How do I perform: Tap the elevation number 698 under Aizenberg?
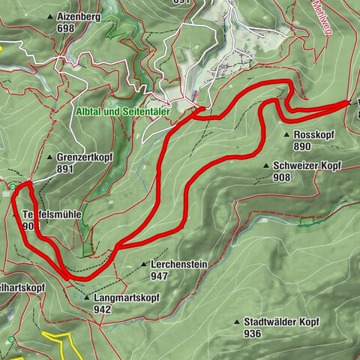[x=66, y=28]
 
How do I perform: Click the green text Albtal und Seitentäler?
[x=123, y=111]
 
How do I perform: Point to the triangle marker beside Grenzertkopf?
[x=49, y=158]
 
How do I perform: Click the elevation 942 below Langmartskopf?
[x=103, y=309]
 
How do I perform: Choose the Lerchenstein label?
[x=178, y=265]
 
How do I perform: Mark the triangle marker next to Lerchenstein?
[x=144, y=265]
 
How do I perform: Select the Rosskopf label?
[x=308, y=135]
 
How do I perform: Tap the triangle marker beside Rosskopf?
[x=287, y=135]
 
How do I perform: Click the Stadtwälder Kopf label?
[x=281, y=321]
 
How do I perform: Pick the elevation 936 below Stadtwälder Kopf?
[x=252, y=333]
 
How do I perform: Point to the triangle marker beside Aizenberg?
[x=49, y=16]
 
